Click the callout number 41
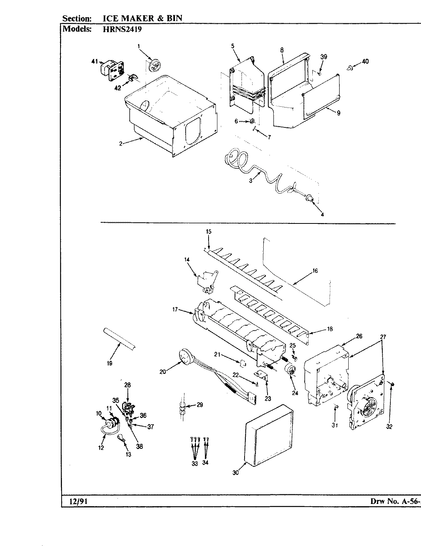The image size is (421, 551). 95,61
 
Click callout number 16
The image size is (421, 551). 315,271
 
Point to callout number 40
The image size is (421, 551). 365,61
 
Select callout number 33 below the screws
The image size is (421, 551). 195,463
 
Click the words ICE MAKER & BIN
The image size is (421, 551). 142,18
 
